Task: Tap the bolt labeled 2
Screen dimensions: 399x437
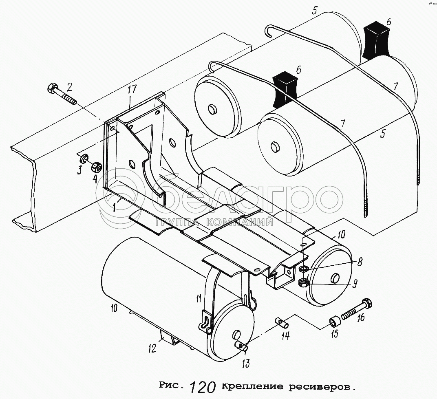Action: click(61, 94)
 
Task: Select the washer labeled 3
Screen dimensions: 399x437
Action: click(84, 158)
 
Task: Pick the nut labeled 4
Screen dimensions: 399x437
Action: click(96, 167)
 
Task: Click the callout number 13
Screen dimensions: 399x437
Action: click(246, 363)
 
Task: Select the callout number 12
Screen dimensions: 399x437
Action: click(152, 348)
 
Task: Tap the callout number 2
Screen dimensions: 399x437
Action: click(70, 86)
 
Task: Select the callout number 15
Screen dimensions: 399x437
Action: click(334, 334)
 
